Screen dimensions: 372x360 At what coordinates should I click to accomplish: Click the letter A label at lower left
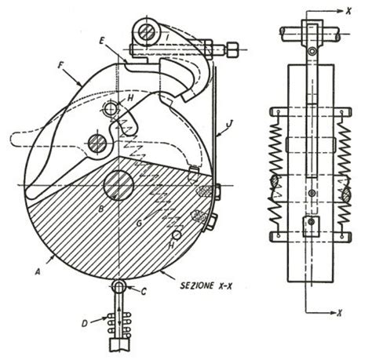coord(38,272)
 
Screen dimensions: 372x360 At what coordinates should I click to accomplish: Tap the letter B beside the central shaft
coord(101,209)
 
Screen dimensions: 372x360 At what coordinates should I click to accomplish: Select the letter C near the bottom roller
coord(144,291)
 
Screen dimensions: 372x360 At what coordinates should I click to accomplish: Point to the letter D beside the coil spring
coord(85,324)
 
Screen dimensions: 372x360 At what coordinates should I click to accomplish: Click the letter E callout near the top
coord(102,41)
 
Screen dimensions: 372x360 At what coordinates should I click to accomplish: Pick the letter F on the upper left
coord(60,65)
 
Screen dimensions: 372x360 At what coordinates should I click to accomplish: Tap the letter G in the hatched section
coord(140,224)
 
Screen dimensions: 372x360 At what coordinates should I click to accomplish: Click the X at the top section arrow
coord(348,10)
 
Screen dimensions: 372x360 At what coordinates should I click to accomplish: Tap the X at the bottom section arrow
coord(339,313)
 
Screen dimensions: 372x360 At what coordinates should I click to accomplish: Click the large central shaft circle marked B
coord(119,185)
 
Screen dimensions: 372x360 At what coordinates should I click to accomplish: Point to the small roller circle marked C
coord(119,287)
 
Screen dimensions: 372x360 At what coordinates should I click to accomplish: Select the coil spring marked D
coord(119,324)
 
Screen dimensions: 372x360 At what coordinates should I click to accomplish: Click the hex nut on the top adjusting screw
coord(232,49)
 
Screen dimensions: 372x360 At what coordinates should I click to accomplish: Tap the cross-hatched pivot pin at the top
coord(147,34)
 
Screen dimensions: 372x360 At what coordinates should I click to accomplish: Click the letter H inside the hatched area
coord(171,245)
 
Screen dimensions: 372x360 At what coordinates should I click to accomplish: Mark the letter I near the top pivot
coord(167,38)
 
